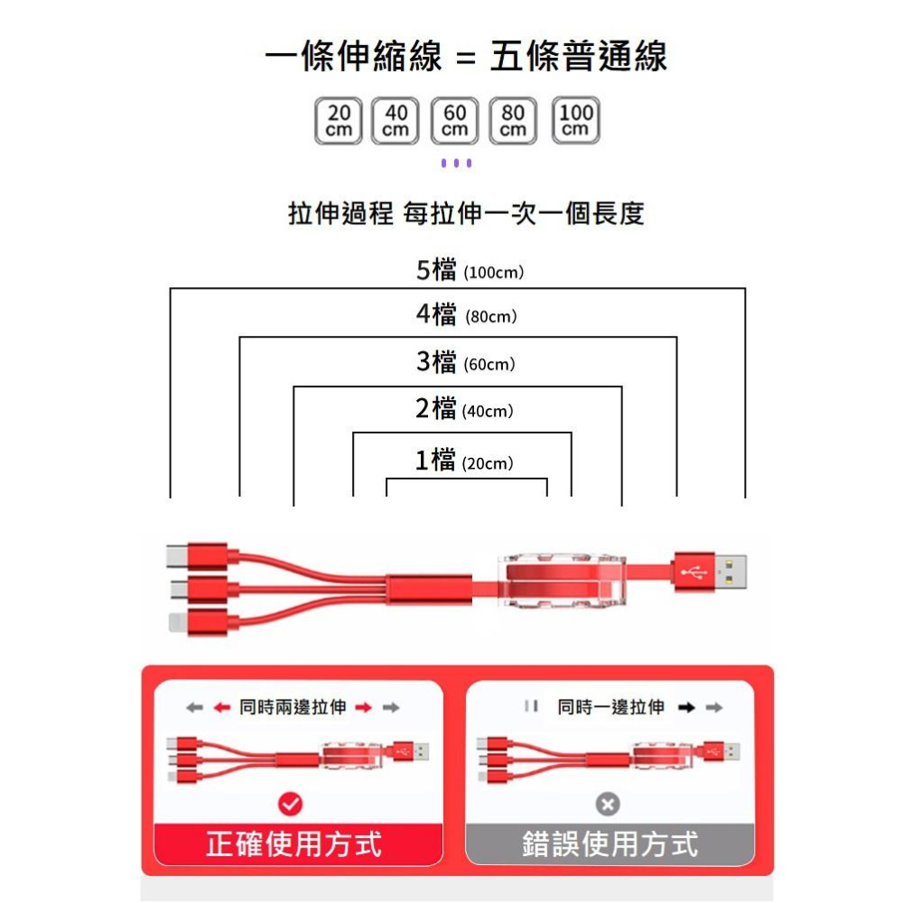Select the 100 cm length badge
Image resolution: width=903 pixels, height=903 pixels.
(x=576, y=120)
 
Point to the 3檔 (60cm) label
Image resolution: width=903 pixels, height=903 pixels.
(x=465, y=363)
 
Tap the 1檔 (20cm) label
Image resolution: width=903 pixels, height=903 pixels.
(x=464, y=461)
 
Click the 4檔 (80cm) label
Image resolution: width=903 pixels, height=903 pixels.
(x=466, y=315)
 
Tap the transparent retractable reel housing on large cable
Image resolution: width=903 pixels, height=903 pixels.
(x=560, y=577)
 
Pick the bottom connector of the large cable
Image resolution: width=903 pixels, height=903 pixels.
(x=195, y=622)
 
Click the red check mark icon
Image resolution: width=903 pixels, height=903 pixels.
(x=291, y=803)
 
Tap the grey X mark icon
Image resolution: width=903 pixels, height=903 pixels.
(x=609, y=804)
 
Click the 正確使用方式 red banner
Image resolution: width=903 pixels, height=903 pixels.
(x=294, y=844)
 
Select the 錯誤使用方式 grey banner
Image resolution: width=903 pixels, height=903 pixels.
(x=610, y=844)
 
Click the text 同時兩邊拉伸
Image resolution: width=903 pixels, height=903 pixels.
(x=293, y=707)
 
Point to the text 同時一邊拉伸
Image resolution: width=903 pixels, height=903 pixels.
(x=610, y=707)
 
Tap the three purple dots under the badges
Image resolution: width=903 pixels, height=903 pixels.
(x=456, y=163)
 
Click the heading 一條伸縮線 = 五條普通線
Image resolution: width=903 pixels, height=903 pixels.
(x=466, y=57)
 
